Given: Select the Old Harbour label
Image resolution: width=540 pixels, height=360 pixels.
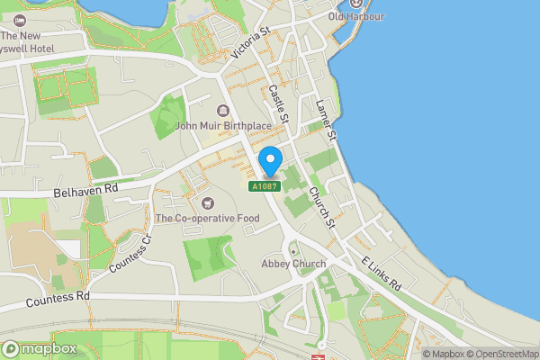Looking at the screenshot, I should (x=355, y=17).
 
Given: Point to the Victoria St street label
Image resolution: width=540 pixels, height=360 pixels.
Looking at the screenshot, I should (x=250, y=42).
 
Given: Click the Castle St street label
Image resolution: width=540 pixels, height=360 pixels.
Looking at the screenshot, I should (x=278, y=104).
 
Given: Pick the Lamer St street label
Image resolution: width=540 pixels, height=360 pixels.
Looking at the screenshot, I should (x=324, y=119).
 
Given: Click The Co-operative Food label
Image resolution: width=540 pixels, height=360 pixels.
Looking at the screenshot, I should (x=207, y=218).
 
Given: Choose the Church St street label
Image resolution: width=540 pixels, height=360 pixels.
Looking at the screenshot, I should (x=320, y=207).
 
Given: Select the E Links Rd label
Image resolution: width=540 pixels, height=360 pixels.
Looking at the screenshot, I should (x=381, y=272).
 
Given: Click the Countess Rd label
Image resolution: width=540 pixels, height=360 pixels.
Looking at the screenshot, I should (x=58, y=296).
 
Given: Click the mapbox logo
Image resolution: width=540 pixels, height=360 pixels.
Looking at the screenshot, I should (x=39, y=347).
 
